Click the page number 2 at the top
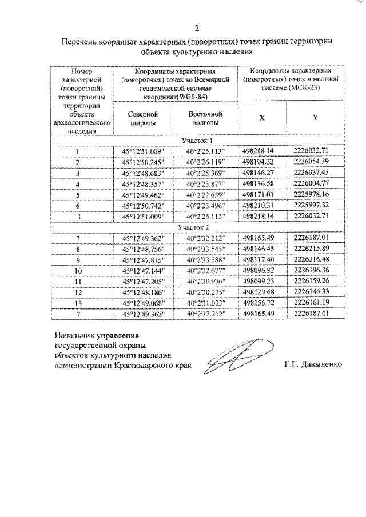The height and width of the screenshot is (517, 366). point(197,28)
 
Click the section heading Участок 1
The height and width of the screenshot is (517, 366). point(197,141)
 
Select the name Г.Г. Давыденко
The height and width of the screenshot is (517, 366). point(312,364)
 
